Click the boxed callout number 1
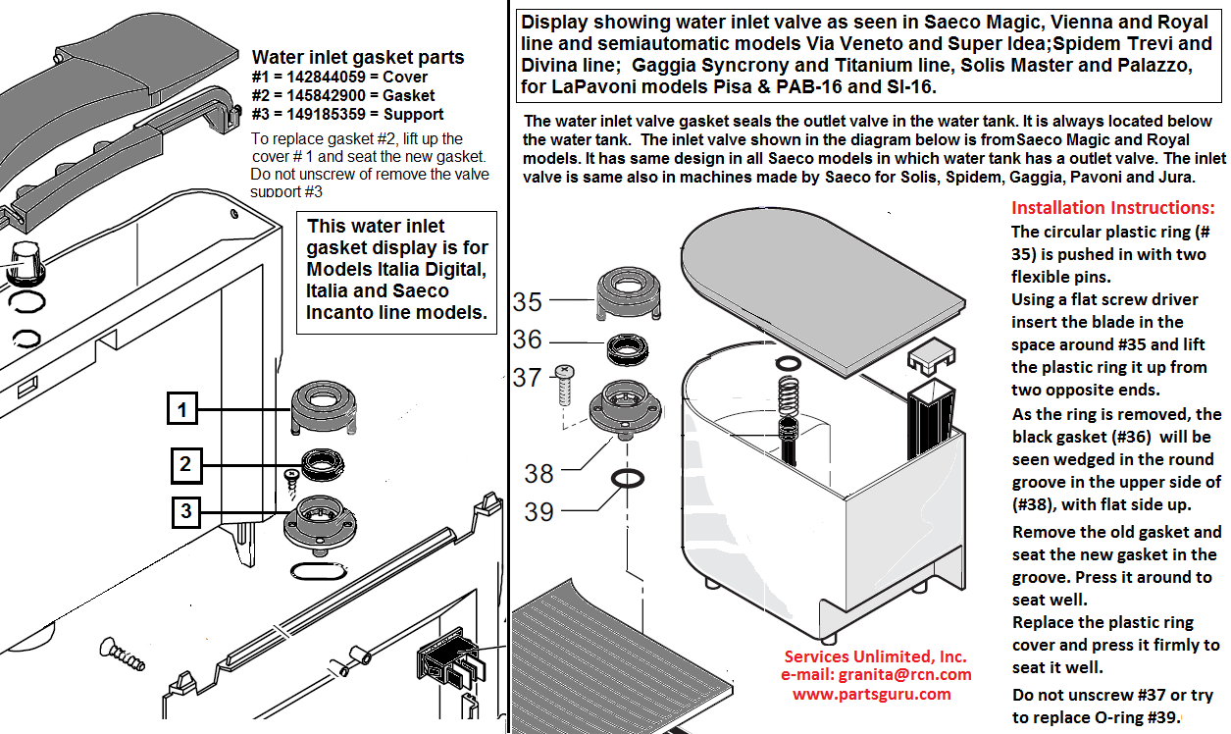pos(182,408)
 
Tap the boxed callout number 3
pos(186,512)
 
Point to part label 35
pos(527,302)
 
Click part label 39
pos(539,512)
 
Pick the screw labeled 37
pos(564,385)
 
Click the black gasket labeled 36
pos(627,349)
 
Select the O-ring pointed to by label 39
pos(628,478)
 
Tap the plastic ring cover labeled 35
pos(629,293)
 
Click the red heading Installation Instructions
pos(1113,208)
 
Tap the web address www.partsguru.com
pos(872,694)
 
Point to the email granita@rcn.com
pos(904,674)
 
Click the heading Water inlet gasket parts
pos(358,57)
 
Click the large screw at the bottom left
pos(122,654)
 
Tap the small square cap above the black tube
pos(931,357)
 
